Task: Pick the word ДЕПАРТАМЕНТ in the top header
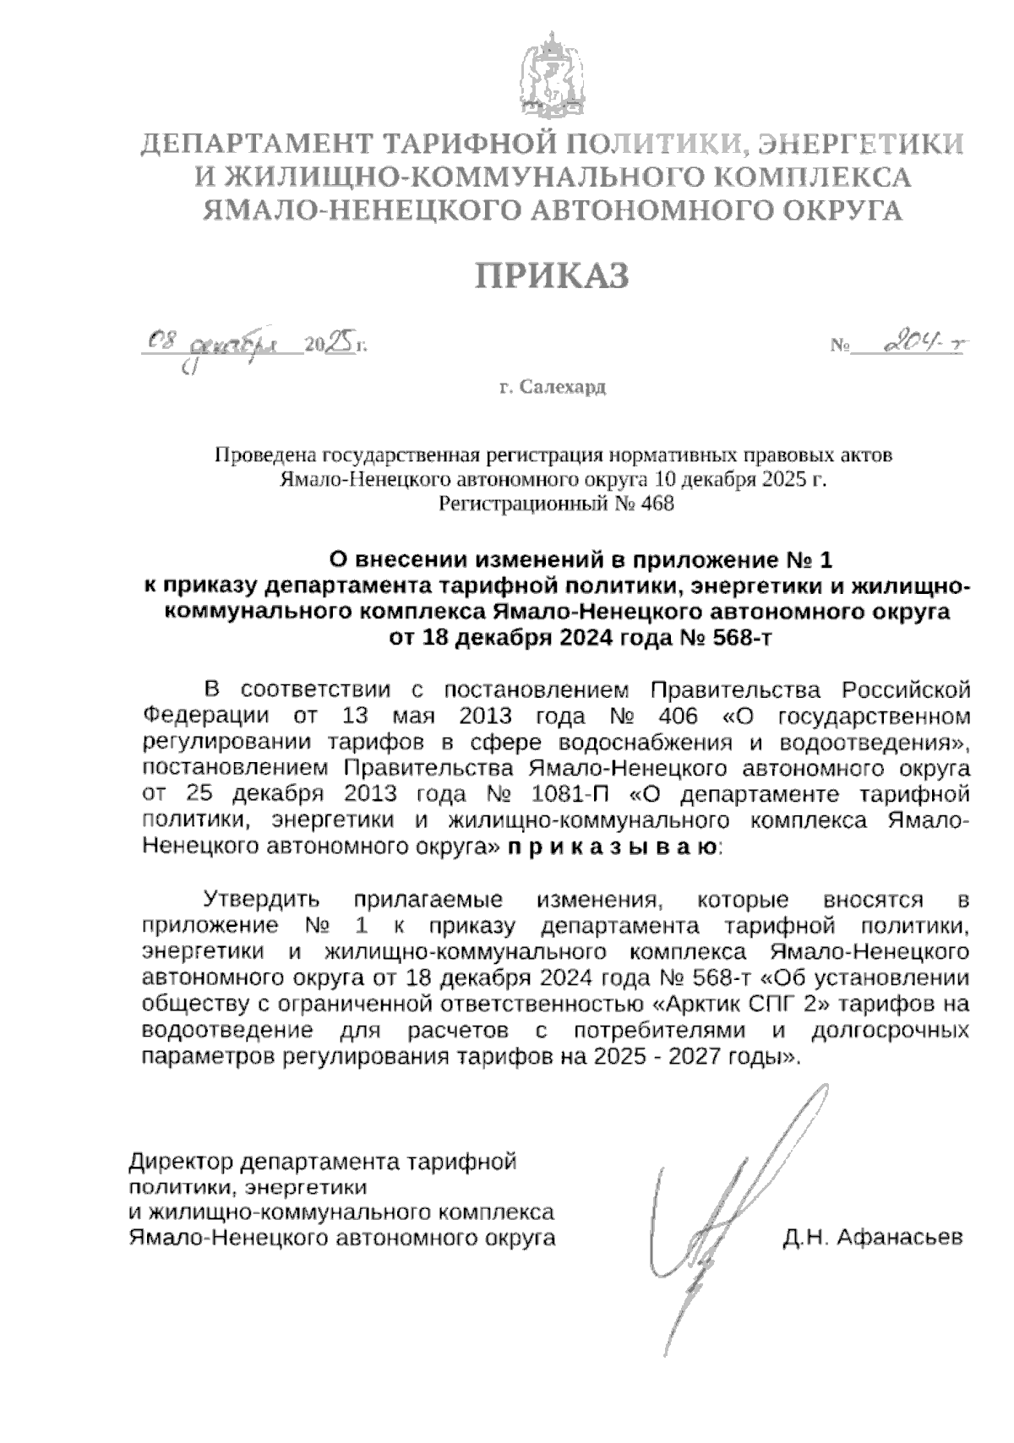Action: point(254,144)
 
